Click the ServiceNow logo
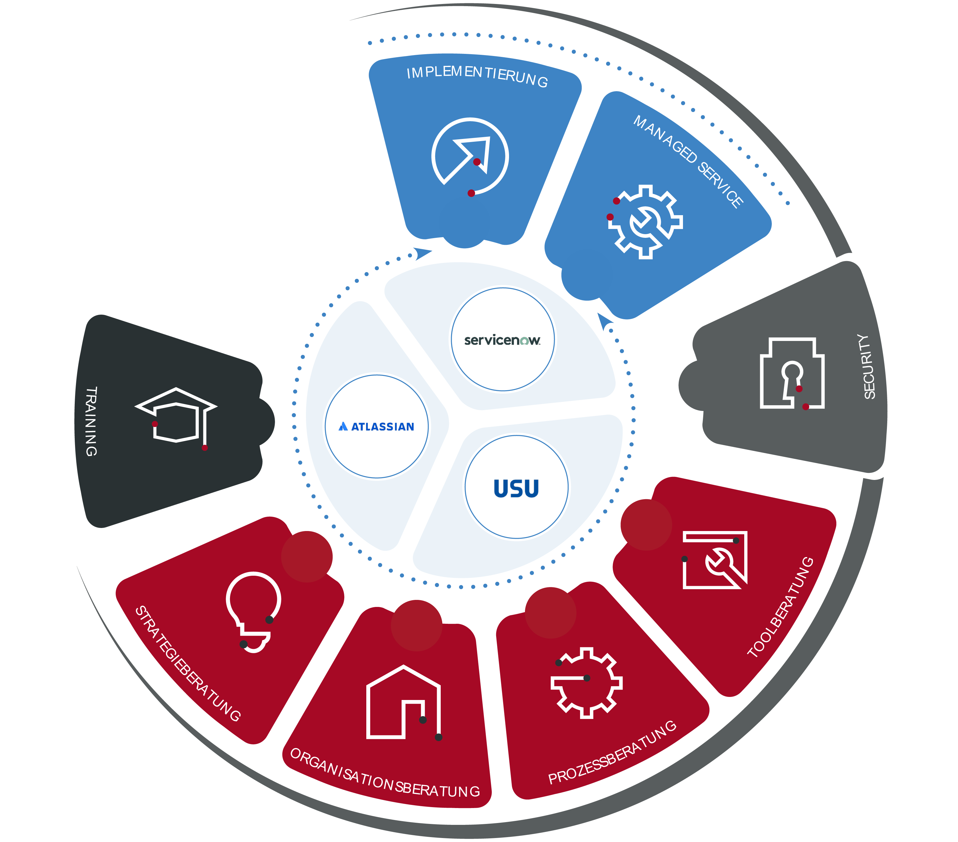[502, 340]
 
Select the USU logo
[516, 488]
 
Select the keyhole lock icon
[792, 373]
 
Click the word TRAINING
[91, 421]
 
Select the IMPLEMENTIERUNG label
[477, 76]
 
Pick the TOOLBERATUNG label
[780, 607]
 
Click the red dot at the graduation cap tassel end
[205, 448]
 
